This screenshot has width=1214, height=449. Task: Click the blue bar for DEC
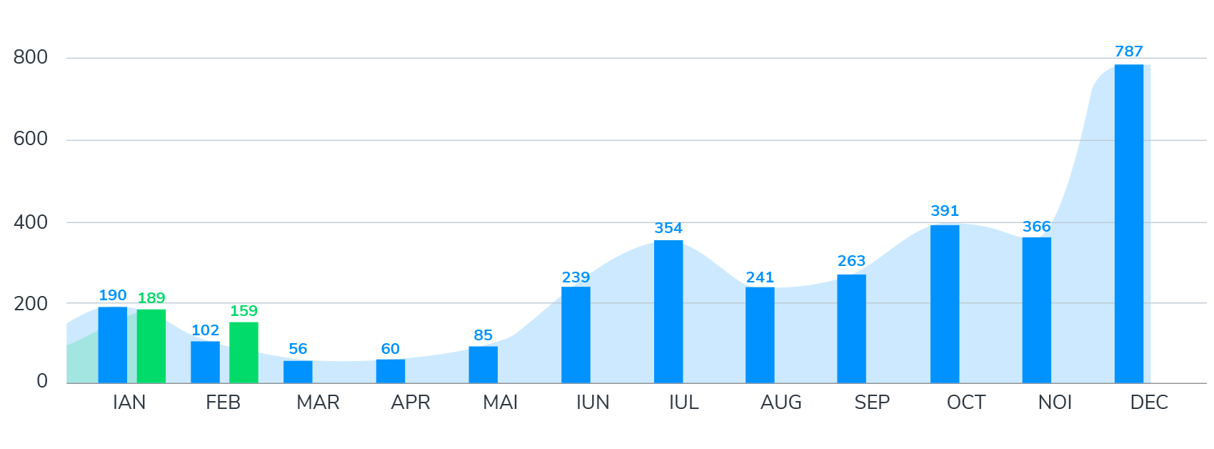click(1128, 224)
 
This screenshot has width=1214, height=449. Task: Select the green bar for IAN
click(151, 346)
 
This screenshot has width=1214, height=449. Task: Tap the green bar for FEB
click(244, 352)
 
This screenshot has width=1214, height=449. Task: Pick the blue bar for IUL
click(668, 312)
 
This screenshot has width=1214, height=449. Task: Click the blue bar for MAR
click(298, 372)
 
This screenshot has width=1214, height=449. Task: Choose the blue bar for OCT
click(945, 304)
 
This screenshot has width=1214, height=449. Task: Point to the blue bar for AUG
click(760, 335)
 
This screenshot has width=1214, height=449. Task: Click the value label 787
click(1128, 51)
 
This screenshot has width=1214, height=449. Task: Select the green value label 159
click(244, 311)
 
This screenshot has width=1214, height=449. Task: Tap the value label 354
click(668, 228)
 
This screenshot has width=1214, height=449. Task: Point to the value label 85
click(483, 335)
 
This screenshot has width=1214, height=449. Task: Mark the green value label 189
click(151, 298)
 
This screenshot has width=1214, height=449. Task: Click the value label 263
click(851, 261)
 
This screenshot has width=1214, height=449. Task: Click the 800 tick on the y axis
click(31, 57)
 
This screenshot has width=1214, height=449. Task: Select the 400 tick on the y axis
click(31, 222)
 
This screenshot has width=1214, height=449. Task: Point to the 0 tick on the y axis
click(42, 381)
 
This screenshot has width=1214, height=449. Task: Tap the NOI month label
click(1055, 403)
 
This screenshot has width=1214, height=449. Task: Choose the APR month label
click(411, 403)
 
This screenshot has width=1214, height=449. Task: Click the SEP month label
click(872, 403)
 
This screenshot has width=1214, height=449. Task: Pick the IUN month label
click(593, 403)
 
